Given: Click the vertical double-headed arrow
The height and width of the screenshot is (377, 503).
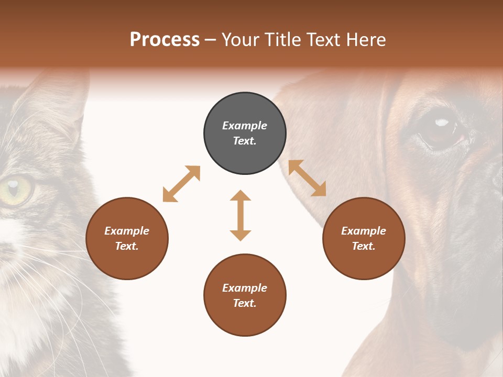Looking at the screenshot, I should pyautogui.click(x=240, y=215).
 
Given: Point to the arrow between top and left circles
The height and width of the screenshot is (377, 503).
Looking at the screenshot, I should pyautogui.click(x=181, y=184).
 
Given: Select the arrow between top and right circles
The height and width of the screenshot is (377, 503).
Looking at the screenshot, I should pyautogui.click(x=307, y=178).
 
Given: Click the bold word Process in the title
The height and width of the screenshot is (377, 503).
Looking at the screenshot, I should pyautogui.click(x=165, y=40).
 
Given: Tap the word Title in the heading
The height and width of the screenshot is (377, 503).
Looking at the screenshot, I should pyautogui.click(x=283, y=40).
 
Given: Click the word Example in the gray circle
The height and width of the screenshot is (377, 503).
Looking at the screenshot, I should pyautogui.click(x=245, y=126).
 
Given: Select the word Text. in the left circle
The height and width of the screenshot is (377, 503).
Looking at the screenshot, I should pyautogui.click(x=127, y=246).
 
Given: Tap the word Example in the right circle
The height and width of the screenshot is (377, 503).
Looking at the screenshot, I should pyautogui.click(x=364, y=231).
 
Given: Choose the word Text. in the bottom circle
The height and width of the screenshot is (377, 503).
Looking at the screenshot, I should pyautogui.click(x=245, y=303).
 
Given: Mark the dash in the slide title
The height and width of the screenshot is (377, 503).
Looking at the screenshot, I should pyautogui.click(x=211, y=40).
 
